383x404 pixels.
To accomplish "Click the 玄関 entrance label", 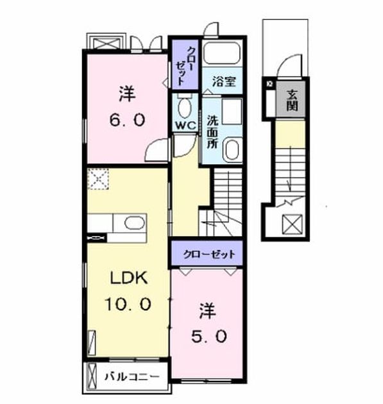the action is pos(292,100).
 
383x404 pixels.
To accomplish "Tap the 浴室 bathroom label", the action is pos(224,81).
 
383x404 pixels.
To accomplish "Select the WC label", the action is pos(186,126).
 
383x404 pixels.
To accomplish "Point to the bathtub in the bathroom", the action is pos(222,53).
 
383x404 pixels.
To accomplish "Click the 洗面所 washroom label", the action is pos(212,132).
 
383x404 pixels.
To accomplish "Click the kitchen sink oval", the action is pos(135,223).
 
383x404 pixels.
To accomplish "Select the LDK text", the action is pos(129,278).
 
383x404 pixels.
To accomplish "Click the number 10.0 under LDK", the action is pos(128,304).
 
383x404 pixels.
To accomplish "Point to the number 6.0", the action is pos(127,120).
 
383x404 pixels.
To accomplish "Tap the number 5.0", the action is pos(209,336).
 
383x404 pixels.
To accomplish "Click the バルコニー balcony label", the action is pos(132,377).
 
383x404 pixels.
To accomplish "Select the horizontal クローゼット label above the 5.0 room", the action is pos(209,255).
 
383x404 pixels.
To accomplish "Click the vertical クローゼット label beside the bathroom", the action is pos(185,66).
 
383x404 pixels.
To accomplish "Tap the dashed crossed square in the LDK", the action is pos(98,179).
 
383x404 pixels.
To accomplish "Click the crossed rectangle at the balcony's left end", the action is pos(92,376).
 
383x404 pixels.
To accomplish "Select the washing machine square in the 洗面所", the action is pos(232,112).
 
